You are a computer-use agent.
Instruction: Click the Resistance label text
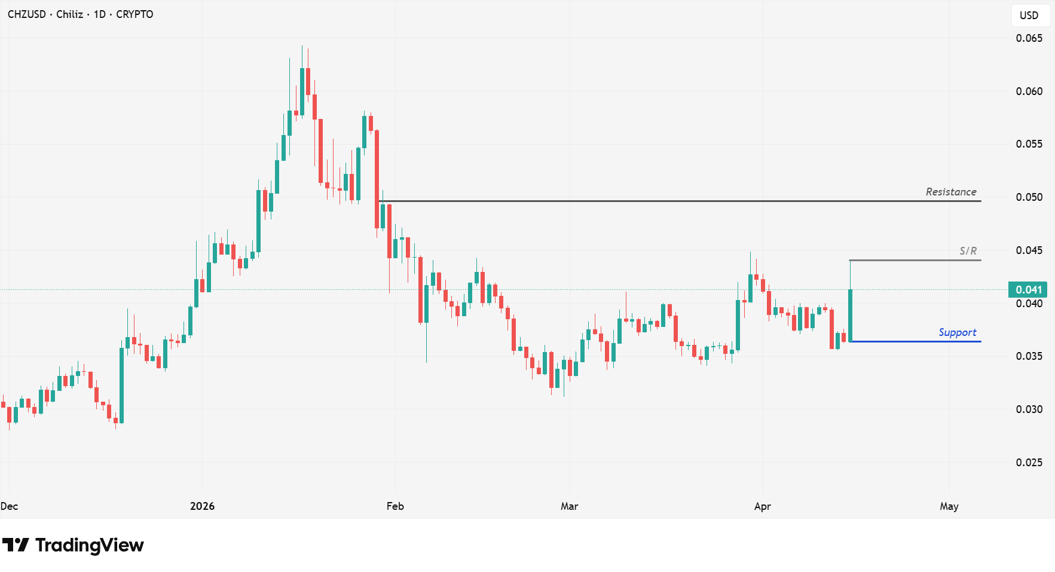(x=950, y=192)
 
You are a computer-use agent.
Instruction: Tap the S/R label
(x=968, y=251)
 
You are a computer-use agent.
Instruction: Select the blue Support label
(x=957, y=332)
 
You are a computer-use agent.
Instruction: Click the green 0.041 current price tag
(x=1028, y=290)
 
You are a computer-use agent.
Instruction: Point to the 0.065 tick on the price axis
(x=1029, y=38)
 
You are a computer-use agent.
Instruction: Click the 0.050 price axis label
(x=1029, y=197)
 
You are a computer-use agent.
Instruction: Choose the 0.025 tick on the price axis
(x=1029, y=463)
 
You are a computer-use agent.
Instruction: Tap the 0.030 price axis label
(x=1029, y=409)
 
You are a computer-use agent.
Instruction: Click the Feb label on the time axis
(x=395, y=506)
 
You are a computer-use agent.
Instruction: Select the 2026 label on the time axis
(x=202, y=506)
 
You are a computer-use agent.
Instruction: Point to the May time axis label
(x=949, y=506)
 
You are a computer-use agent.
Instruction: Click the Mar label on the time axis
(x=569, y=506)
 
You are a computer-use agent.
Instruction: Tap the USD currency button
(x=1029, y=16)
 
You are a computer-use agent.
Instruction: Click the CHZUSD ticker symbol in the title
(x=27, y=14)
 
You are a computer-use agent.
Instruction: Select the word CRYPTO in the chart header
(x=134, y=14)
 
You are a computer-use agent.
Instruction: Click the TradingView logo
(x=73, y=545)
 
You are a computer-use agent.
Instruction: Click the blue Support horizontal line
(x=915, y=341)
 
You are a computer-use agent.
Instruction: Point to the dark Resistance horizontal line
(x=658, y=201)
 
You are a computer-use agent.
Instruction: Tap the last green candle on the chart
(x=850, y=315)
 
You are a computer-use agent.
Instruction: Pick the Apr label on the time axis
(x=762, y=506)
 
